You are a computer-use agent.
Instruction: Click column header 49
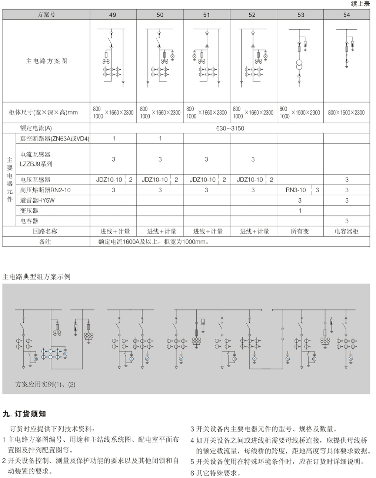click(x=113, y=15)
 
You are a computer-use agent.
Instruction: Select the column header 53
click(x=300, y=15)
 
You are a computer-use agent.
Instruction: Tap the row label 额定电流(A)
click(x=36, y=128)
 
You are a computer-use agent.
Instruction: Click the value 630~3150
click(x=230, y=128)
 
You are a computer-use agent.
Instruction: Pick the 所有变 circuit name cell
click(x=300, y=231)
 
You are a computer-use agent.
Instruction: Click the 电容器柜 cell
click(x=346, y=231)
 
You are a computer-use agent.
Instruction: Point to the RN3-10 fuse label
click(x=296, y=190)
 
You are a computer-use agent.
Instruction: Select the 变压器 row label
click(x=29, y=210)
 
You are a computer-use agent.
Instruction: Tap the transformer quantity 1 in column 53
click(x=300, y=210)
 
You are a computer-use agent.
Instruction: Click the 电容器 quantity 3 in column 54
click(x=347, y=221)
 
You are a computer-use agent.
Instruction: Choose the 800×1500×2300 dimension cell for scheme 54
click(x=346, y=113)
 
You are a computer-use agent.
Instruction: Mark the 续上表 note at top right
click(x=360, y=4)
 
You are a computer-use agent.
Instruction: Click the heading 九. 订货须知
click(x=24, y=414)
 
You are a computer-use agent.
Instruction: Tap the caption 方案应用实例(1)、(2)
click(x=45, y=384)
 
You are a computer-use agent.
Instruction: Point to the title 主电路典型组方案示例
click(x=36, y=277)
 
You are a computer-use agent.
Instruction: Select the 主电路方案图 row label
click(x=46, y=61)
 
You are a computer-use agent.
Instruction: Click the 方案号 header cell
click(x=46, y=15)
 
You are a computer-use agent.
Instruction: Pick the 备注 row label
click(x=45, y=242)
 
